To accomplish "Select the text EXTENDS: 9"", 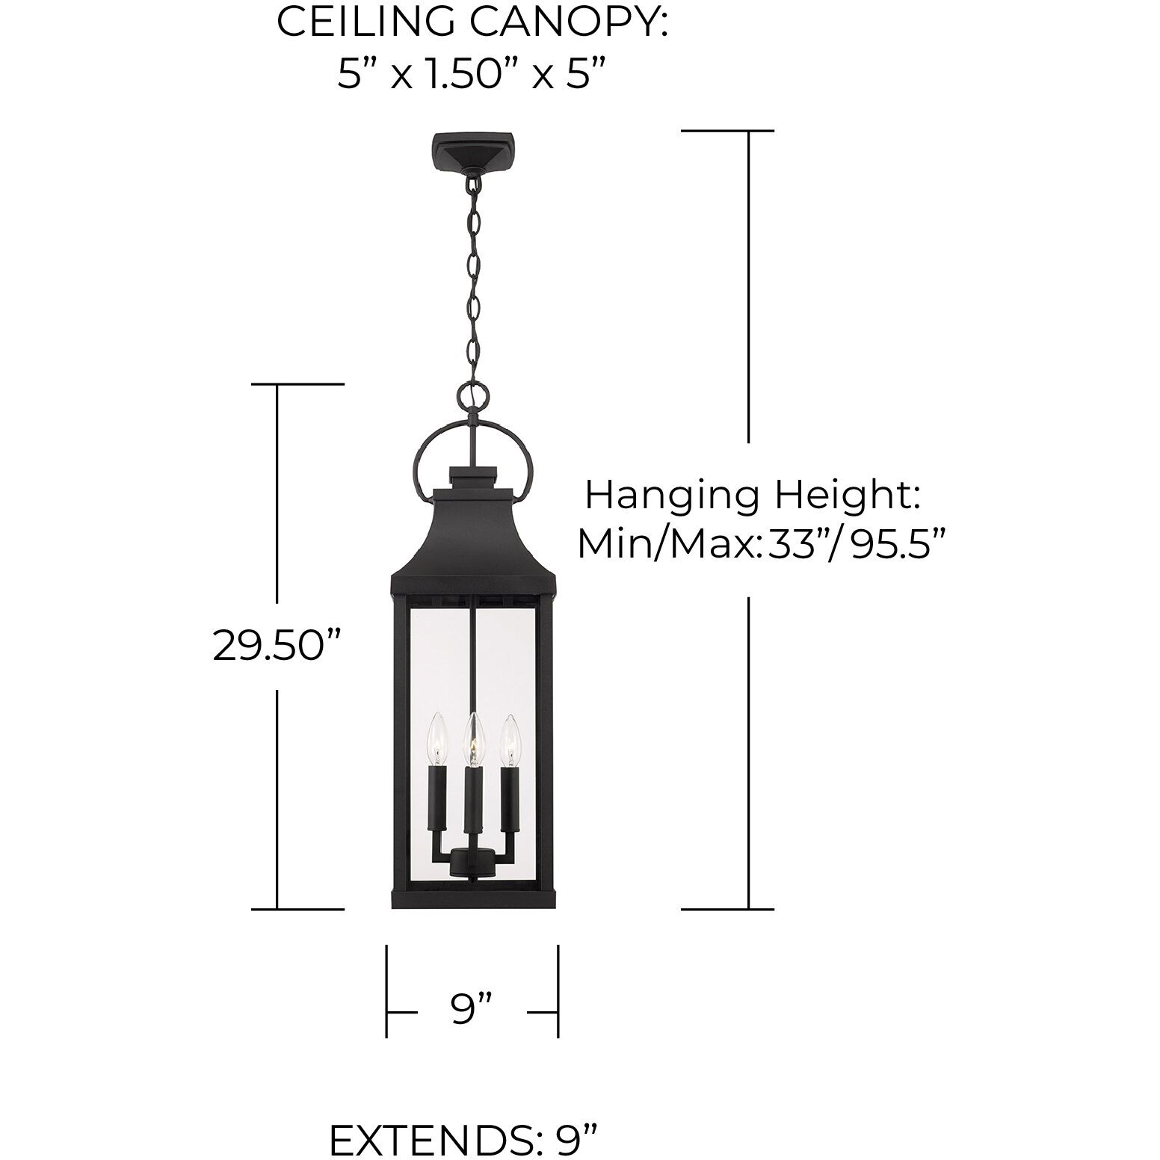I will click(x=463, y=1139).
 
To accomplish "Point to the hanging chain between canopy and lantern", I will click(x=472, y=277).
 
